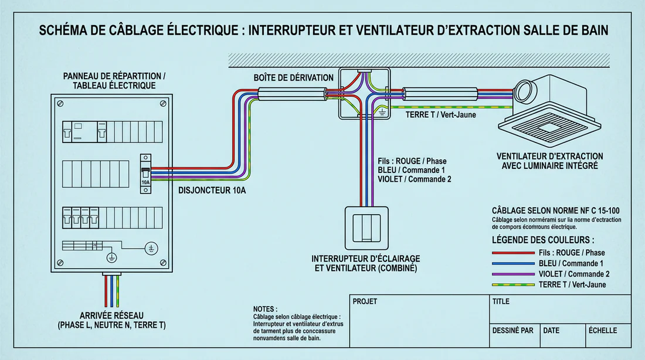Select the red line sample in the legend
point(510,253)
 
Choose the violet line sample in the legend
point(510,274)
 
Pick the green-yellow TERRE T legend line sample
point(510,285)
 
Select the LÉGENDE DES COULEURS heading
point(542,240)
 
